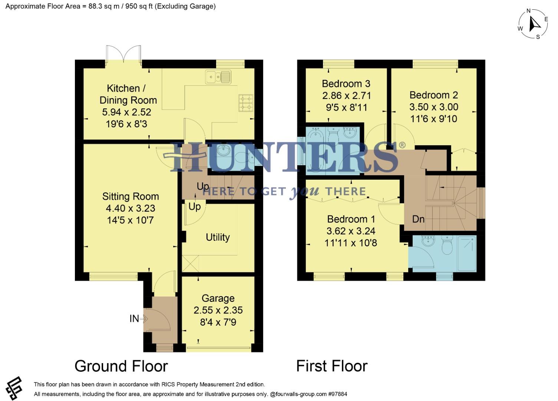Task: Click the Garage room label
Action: (x=218, y=299)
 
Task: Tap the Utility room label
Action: (x=218, y=237)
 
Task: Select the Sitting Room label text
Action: (x=131, y=196)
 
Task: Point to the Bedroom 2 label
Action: (x=433, y=95)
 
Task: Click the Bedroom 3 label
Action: (x=346, y=84)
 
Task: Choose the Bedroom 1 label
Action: (x=351, y=219)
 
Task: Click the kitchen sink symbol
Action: (x=218, y=77)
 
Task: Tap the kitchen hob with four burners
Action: (x=246, y=103)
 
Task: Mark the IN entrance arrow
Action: (x=144, y=319)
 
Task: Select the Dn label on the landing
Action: (x=418, y=219)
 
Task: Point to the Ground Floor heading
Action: (x=121, y=366)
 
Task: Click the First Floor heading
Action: (x=332, y=366)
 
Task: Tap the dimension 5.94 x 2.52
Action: (x=126, y=112)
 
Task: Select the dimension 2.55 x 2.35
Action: (x=218, y=310)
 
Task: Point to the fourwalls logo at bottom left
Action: (x=14, y=388)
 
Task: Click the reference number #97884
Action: (x=338, y=394)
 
